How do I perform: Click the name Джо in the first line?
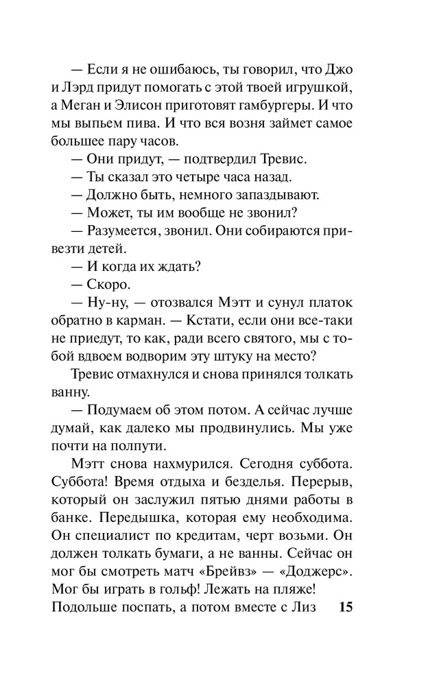click(x=337, y=70)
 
